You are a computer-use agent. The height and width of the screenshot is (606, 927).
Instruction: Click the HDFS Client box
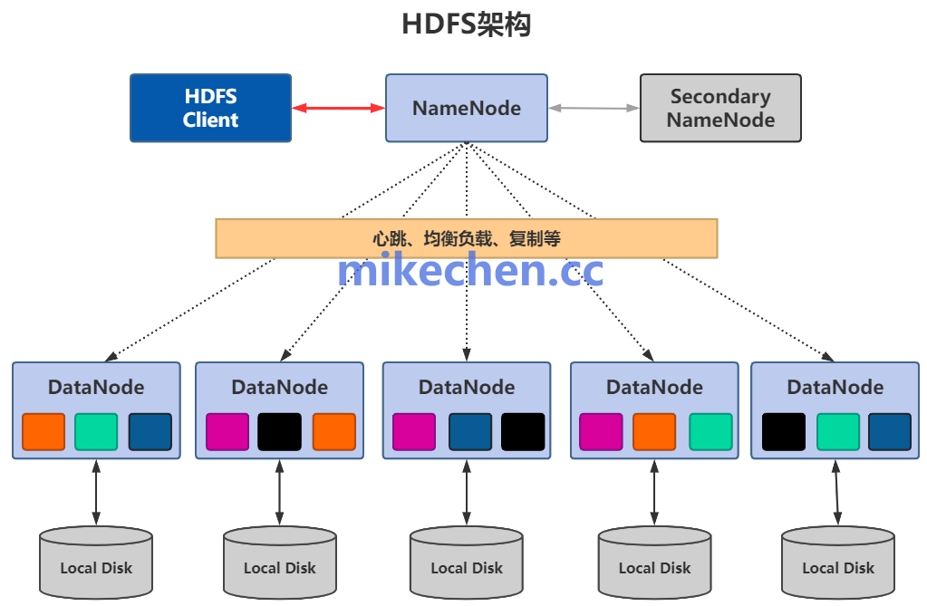210,108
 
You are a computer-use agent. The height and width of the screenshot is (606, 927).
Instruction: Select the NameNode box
466,108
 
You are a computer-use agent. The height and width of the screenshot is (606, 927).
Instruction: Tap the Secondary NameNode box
720,108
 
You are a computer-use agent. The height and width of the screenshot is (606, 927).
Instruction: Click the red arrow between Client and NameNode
338,108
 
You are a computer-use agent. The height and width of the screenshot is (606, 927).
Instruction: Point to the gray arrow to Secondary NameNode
594,108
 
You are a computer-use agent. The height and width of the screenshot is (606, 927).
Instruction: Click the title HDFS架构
466,24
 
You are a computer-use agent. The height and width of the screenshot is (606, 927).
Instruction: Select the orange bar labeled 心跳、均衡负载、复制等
466,238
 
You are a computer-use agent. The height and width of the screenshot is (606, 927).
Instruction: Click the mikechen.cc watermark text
469,271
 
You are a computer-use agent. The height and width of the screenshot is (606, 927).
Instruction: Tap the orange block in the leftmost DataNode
43,432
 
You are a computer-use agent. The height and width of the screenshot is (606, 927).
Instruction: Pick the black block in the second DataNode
279,432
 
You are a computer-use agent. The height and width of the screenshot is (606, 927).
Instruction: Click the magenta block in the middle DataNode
414,432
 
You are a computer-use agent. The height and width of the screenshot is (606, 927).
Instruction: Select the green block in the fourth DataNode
710,432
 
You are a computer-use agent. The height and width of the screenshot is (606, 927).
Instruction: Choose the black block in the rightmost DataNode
784,432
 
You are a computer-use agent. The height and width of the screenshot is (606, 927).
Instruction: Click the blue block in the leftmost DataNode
150,432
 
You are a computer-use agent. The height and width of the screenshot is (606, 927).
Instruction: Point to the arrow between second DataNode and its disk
279,494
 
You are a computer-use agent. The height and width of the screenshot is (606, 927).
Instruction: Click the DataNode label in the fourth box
654,388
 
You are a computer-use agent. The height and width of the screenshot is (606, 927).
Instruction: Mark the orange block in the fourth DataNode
654,432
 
